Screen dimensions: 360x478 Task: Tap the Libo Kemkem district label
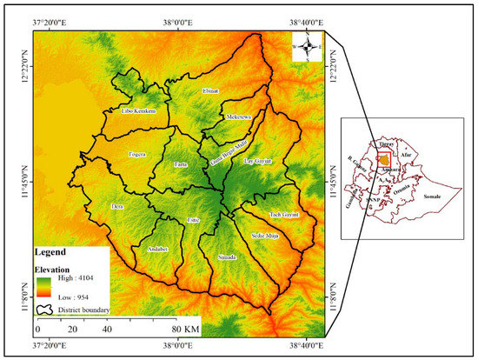tap(137, 111)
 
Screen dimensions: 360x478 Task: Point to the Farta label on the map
tap(181, 163)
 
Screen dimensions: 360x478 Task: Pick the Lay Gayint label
tap(256, 162)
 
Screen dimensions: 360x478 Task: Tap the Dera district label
tap(117, 206)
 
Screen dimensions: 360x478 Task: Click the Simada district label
tap(225, 257)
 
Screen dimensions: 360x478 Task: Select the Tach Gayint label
tap(284, 213)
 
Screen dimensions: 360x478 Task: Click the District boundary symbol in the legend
tap(45, 308)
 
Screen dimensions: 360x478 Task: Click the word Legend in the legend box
tap(54, 253)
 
